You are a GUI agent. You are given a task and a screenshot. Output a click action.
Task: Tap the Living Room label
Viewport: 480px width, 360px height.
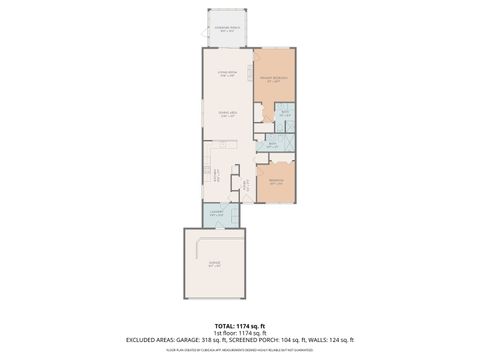[227, 74]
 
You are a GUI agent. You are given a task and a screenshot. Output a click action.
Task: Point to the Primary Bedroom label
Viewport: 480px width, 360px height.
[274, 79]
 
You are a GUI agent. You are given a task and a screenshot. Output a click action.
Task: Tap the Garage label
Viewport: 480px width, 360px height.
[213, 267]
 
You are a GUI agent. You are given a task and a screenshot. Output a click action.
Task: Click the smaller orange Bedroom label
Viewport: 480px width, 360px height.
[276, 182]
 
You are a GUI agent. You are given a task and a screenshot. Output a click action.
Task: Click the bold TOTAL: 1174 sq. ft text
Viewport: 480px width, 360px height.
[240, 326]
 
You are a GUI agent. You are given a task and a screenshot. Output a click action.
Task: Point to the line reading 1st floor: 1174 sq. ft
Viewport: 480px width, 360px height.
[240, 333]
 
